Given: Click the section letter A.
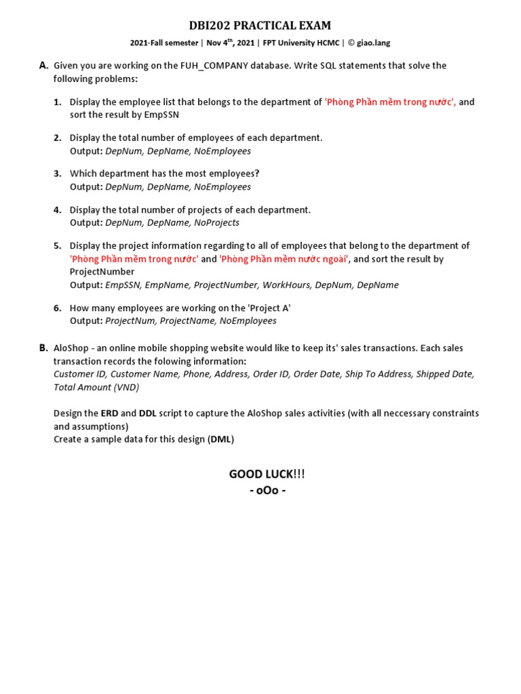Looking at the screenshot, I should point(43,66).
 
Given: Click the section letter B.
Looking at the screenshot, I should point(43,348).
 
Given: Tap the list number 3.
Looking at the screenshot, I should point(58,173).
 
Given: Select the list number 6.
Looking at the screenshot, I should point(58,308).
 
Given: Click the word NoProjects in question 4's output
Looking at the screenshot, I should point(216,222).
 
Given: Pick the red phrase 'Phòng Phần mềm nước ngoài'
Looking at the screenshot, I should point(284,259).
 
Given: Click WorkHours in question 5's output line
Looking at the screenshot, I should point(287,285).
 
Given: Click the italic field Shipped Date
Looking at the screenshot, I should point(445,374).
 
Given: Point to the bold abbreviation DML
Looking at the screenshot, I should point(221,439).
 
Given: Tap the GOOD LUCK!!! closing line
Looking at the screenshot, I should point(262,473).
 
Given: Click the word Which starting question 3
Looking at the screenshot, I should point(83,173).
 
